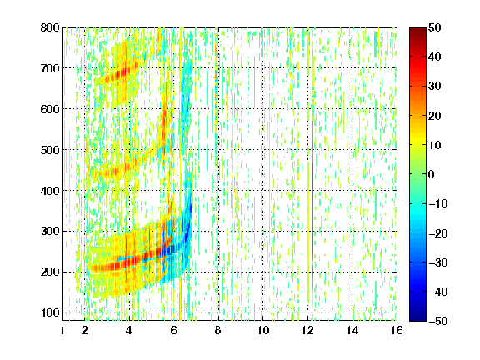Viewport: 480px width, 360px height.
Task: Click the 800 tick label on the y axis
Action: pos(50,27)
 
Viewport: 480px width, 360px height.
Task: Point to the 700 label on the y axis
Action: pos(50,68)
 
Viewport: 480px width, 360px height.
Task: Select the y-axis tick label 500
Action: pos(50,150)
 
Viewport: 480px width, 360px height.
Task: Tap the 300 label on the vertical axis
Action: pos(50,231)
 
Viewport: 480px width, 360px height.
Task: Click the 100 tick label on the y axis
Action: pos(50,312)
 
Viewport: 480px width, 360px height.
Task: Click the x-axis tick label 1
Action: pos(62,330)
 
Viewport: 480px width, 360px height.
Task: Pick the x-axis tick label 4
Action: pos(129,330)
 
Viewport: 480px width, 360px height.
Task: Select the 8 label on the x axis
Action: pos(218,330)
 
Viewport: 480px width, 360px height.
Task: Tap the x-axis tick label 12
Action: pos(307,330)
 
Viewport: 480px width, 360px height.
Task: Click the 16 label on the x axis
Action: pos(397,330)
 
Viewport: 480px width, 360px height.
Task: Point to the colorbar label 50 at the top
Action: pos(435,27)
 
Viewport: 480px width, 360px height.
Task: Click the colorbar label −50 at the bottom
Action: pos(438,321)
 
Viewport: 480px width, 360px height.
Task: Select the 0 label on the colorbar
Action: pos(432,174)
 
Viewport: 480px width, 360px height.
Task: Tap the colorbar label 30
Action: pos(435,87)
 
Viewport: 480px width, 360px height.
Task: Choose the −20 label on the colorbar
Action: pos(438,233)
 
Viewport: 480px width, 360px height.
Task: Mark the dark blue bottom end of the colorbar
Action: pos(417,318)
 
